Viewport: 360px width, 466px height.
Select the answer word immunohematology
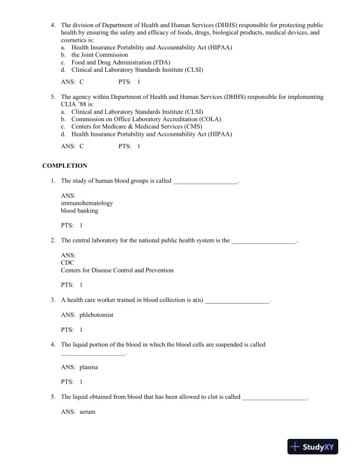[86, 203]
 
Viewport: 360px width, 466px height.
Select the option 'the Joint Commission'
[99, 54]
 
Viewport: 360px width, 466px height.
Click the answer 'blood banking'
[79, 211]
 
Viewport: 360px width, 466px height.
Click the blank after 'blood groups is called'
[205, 181]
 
